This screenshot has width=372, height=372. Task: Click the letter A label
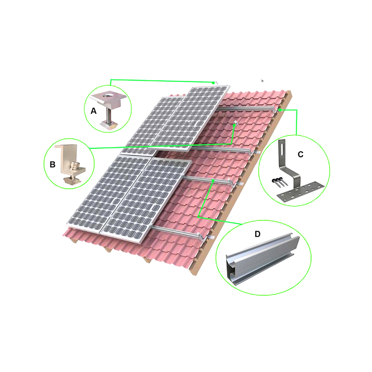point(94,111)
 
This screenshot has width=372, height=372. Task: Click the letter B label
point(53,165)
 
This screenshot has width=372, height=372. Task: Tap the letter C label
point(300,154)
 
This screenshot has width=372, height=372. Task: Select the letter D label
point(258,234)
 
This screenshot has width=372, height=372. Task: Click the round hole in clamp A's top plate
point(106,96)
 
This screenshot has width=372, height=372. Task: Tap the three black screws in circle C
point(279,181)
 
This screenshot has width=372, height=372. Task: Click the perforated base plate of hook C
point(300,192)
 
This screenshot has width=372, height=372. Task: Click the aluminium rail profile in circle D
point(262,258)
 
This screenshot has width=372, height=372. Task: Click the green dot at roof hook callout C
point(280,110)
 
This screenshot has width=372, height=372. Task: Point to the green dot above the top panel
point(213,83)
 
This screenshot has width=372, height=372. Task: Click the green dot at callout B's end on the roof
point(234,125)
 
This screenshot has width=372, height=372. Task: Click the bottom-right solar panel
point(147,199)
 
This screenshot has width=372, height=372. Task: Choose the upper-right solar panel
point(191,118)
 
